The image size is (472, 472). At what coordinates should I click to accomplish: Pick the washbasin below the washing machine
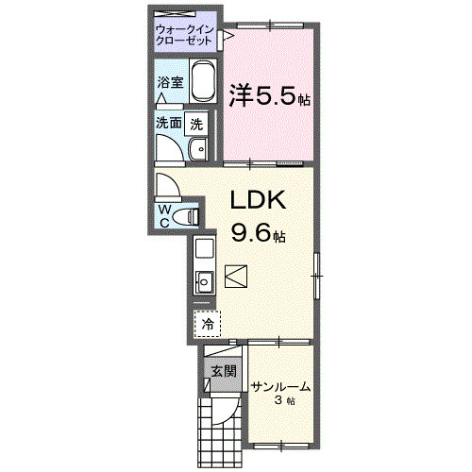(x=198, y=149)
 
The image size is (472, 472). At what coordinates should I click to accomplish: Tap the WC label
(x=164, y=215)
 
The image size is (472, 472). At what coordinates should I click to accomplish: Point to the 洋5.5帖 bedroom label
(x=270, y=94)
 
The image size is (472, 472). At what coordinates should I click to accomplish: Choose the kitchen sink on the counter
(x=203, y=280)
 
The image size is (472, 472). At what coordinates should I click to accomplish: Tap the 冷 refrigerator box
(x=207, y=323)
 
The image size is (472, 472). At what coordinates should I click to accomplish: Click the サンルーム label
(x=280, y=386)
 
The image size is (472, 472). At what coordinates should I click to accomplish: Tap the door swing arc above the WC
(x=166, y=185)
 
